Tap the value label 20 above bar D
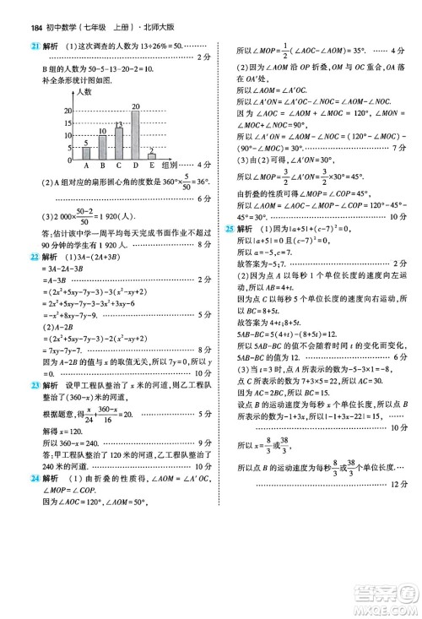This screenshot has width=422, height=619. (x=135, y=106)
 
